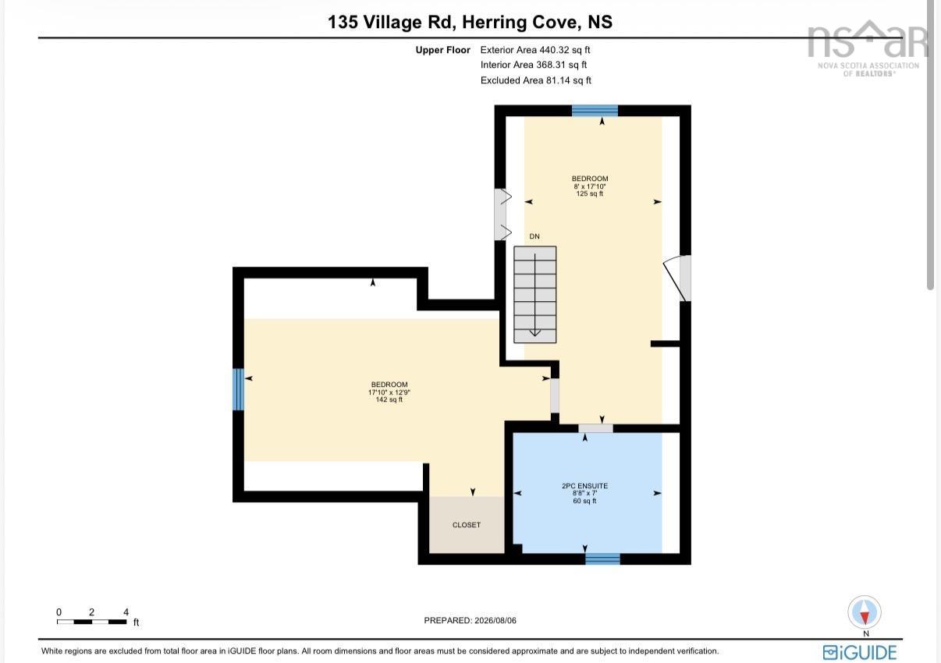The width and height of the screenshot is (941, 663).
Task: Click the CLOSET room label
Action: click(x=467, y=525)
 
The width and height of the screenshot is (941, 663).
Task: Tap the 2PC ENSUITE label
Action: click(x=584, y=486)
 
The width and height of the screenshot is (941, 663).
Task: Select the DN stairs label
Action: click(x=534, y=236)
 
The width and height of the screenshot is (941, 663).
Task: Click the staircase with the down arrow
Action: click(x=534, y=294)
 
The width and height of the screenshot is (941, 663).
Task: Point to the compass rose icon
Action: click(x=865, y=612)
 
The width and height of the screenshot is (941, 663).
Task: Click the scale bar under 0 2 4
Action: click(x=91, y=622)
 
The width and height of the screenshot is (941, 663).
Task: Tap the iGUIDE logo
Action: click(x=860, y=653)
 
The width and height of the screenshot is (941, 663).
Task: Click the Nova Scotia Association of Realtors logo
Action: click(x=868, y=48)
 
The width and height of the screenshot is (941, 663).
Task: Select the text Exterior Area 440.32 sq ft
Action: click(x=535, y=50)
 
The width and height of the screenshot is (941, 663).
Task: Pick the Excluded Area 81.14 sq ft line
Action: click(x=535, y=80)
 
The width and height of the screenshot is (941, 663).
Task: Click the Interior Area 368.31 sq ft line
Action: click(x=534, y=65)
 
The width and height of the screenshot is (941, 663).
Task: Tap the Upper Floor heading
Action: click(x=442, y=50)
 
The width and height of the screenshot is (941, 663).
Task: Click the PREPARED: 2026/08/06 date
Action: click(x=470, y=620)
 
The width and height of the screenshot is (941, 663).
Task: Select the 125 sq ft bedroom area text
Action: click(x=589, y=193)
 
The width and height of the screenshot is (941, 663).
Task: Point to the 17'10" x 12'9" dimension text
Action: click(x=389, y=392)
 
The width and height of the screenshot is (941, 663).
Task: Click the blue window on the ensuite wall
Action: click(x=602, y=558)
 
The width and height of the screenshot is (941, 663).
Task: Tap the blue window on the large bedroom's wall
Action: click(x=238, y=389)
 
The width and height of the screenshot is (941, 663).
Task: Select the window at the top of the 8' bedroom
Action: click(x=595, y=111)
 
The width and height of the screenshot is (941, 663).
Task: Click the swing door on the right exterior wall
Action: click(x=677, y=278)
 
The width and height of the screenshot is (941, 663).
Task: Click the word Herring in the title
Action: click(x=494, y=23)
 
